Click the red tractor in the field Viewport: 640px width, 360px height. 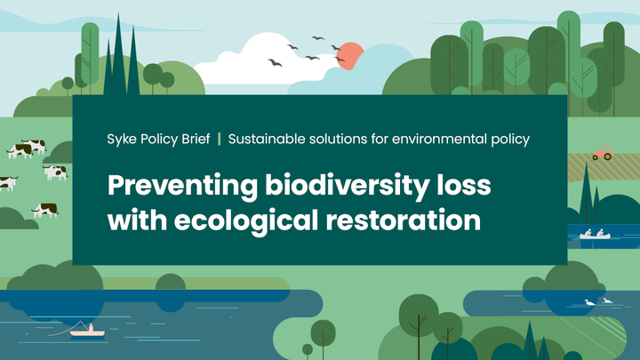(x=603, y=153)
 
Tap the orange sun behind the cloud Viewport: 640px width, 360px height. (x=350, y=54)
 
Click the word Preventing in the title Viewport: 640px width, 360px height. (x=182, y=186)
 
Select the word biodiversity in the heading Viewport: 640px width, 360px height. (x=347, y=186)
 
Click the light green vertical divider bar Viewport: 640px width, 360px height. (x=220, y=139)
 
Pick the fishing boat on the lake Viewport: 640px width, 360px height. (x=87, y=333)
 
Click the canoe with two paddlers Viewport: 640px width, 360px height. (x=595, y=236)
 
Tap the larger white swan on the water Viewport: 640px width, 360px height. (x=590, y=302)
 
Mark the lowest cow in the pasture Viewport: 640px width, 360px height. (x=45, y=210)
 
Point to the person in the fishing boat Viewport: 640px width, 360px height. (x=91, y=328)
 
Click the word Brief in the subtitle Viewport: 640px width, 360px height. (x=196, y=139)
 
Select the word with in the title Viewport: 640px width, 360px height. (x=137, y=220)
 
